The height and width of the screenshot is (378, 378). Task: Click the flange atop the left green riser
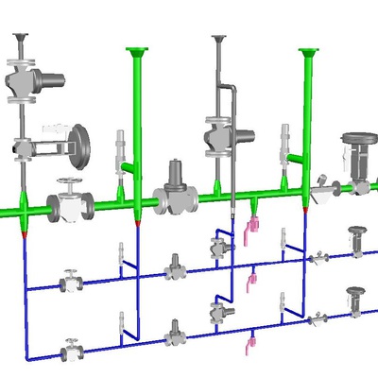137,50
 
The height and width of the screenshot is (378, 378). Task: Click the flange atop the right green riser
306,52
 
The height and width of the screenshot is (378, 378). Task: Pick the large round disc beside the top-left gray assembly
80,140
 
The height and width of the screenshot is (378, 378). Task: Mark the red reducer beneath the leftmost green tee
23,227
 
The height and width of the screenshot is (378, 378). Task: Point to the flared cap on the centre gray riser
219,41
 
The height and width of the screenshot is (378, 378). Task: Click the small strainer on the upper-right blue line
320,256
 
